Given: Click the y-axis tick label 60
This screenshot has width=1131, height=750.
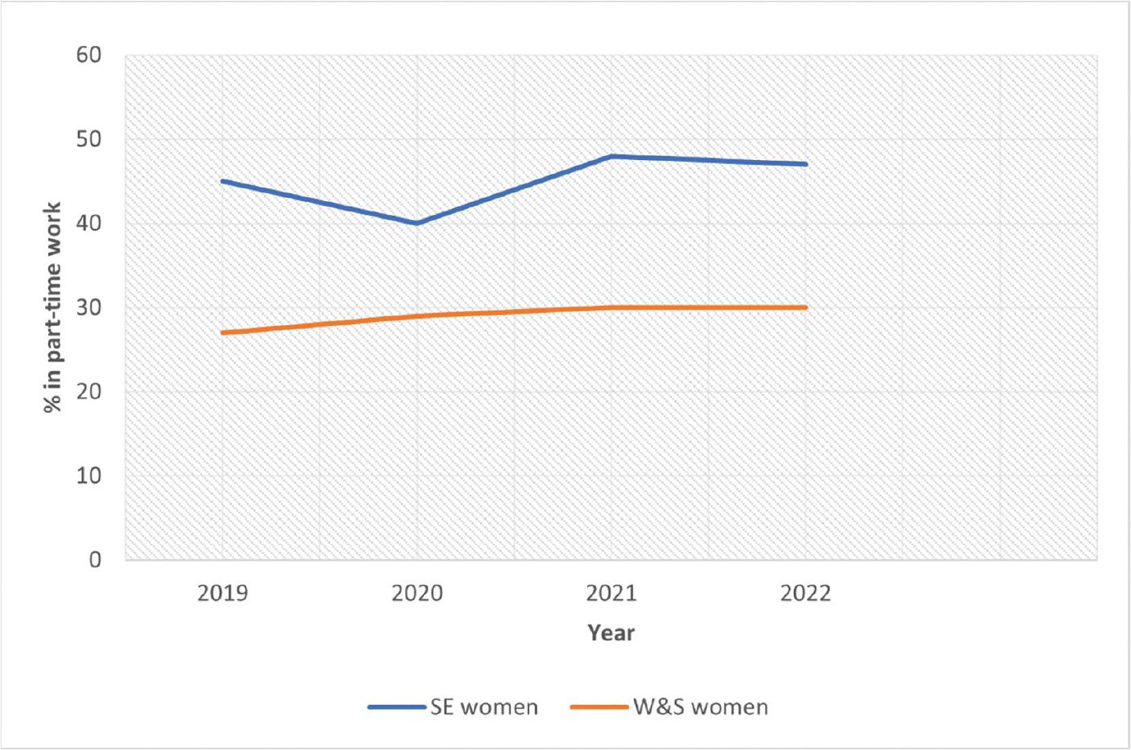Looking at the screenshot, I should [88, 56].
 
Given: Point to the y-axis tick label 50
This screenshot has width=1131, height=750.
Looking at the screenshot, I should [88, 139].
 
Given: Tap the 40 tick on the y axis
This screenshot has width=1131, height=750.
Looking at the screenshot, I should [88, 224].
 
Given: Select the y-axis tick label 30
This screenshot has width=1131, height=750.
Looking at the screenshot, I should [88, 307].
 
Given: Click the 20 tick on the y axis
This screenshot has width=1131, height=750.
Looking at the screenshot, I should [88, 392].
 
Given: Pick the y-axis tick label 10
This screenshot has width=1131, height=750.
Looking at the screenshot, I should [88, 476].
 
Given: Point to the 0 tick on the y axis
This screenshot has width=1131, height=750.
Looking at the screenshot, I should [95, 559].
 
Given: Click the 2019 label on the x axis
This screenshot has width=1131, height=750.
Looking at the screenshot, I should [223, 594].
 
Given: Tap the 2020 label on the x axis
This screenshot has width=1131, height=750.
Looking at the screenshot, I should [417, 594].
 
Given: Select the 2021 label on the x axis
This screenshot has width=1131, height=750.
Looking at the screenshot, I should [611, 594].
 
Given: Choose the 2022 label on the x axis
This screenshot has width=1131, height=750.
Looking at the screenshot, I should [805, 594].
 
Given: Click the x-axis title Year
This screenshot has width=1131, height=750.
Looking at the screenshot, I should [611, 633].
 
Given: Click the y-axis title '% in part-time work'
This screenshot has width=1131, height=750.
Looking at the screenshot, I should [53, 307].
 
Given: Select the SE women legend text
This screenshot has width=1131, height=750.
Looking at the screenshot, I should [483, 707].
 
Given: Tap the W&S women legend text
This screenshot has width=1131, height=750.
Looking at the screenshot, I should [700, 707].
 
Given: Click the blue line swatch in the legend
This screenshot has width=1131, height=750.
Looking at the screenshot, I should [397, 707].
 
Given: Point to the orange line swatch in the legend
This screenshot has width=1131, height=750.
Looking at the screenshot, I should [599, 707].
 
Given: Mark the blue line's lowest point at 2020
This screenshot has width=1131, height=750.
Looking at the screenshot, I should [417, 223].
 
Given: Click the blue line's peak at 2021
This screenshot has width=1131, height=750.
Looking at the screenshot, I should [611, 156].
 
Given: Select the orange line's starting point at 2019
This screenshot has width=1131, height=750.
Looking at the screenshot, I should [223, 332].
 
